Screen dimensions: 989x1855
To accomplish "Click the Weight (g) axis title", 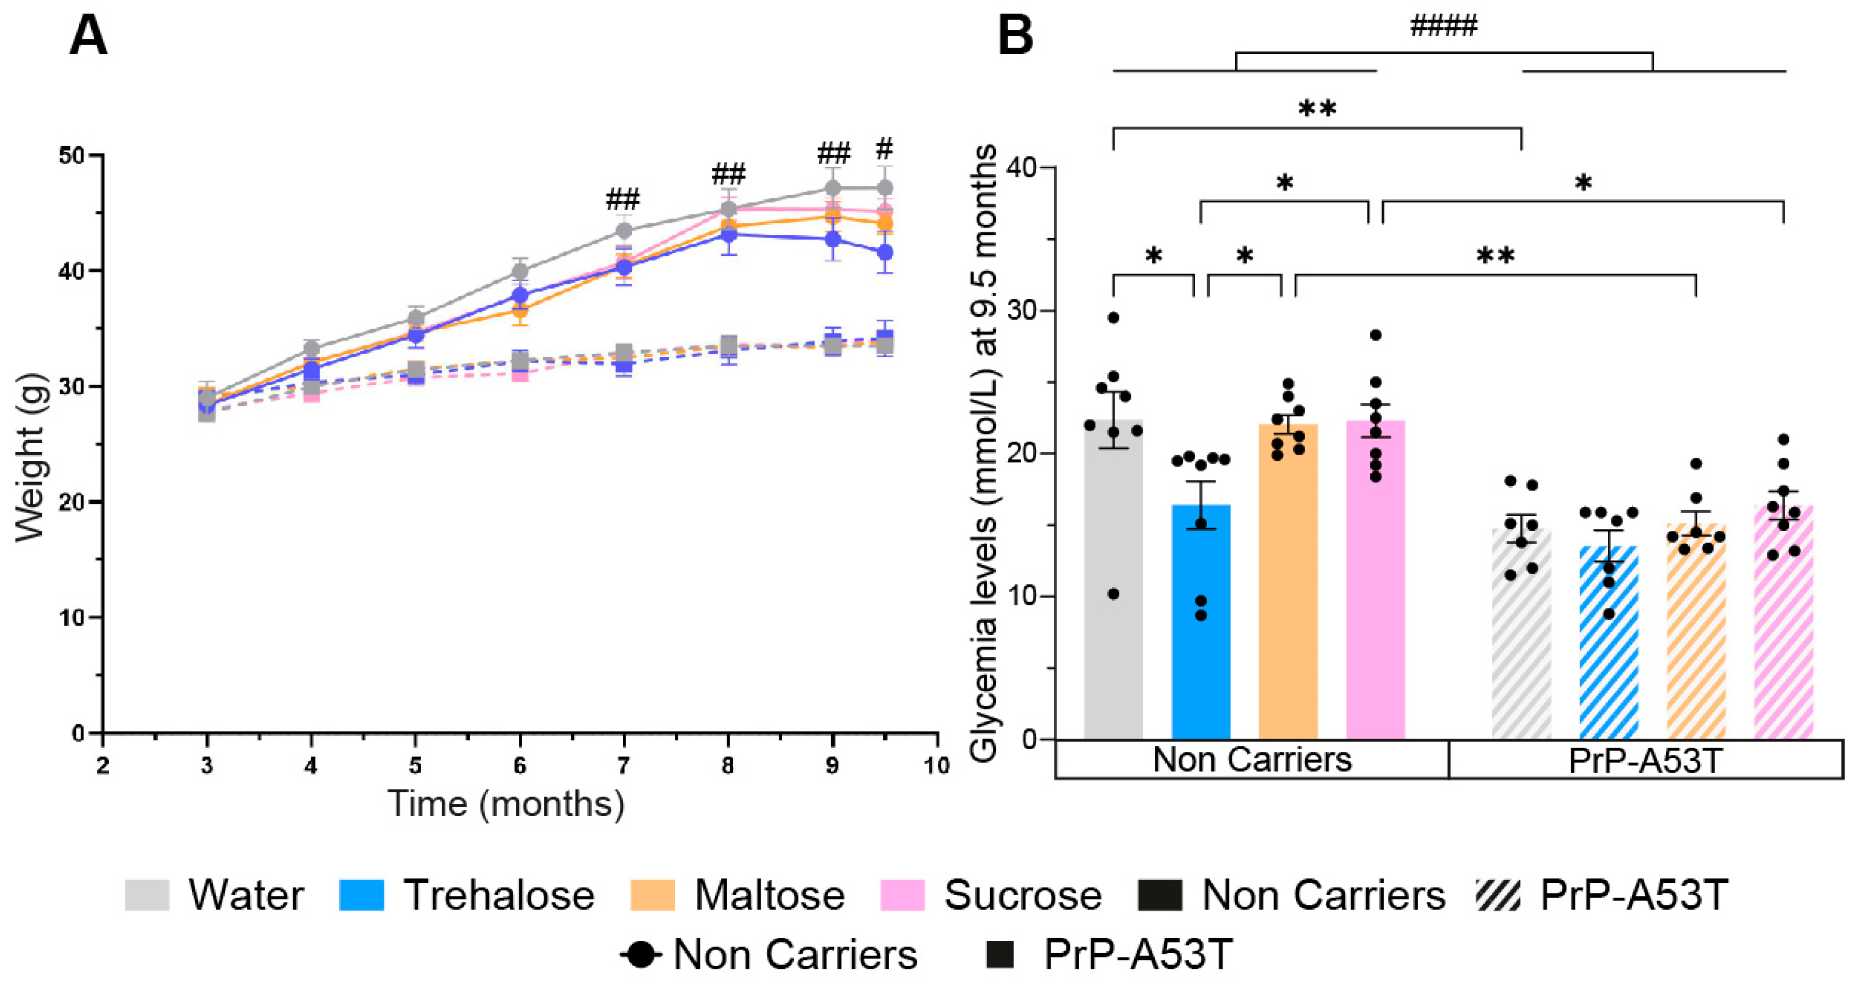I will point(30,458).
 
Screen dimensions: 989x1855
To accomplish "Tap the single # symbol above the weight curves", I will point(885,150).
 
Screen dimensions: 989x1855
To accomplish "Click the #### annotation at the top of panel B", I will point(1443,26).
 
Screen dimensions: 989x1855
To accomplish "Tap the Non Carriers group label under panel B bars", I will point(1252,760).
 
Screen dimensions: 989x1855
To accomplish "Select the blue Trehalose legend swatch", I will point(361,895).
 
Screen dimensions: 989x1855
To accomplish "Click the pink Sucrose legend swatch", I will point(902,895).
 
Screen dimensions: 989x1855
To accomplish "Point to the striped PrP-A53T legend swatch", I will point(1498,895).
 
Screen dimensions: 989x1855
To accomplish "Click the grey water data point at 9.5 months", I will point(885,188).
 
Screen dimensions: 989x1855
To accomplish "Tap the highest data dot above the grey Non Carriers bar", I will point(1113,317).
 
